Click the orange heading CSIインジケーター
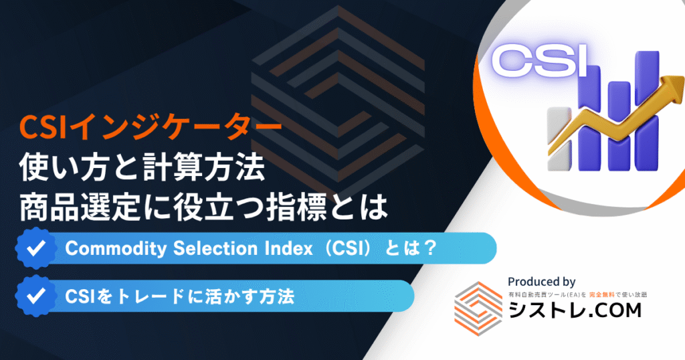point(151,128)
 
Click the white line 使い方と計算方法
point(142,168)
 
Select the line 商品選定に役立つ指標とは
point(203,207)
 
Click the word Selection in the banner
point(215,248)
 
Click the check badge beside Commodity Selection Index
point(36,248)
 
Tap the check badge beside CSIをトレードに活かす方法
point(36,296)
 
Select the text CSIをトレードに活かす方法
point(179,296)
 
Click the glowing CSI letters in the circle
point(541,61)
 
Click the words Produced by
point(541,282)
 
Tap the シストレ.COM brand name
point(575,310)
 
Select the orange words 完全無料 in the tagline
point(601,295)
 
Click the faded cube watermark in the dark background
point(337,100)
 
